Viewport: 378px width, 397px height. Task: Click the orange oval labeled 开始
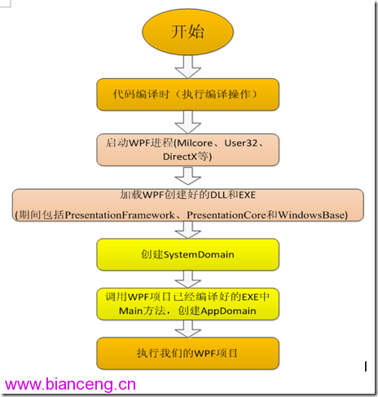tap(187, 32)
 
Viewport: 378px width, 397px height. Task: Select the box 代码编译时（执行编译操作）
tap(188, 95)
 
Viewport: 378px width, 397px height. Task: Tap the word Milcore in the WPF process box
tap(195, 143)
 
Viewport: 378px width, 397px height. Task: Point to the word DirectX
tap(180, 157)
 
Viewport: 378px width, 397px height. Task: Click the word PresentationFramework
tap(120, 215)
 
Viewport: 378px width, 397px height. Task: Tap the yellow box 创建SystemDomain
tap(188, 254)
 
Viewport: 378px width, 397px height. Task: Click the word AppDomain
tap(228, 311)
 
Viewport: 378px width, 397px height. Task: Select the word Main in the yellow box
tap(130, 311)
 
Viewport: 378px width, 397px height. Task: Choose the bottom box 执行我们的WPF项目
tap(188, 353)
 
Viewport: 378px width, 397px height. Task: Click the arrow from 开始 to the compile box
tap(188, 67)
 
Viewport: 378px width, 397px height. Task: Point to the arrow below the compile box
tap(188, 122)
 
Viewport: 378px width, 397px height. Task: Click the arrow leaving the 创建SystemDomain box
tap(188, 279)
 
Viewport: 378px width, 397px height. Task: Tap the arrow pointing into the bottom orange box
tap(188, 329)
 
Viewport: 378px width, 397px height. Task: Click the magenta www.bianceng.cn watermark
tap(70, 385)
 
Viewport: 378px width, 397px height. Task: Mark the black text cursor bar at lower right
tap(366, 366)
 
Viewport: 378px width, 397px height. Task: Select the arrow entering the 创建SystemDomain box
tap(188, 230)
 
